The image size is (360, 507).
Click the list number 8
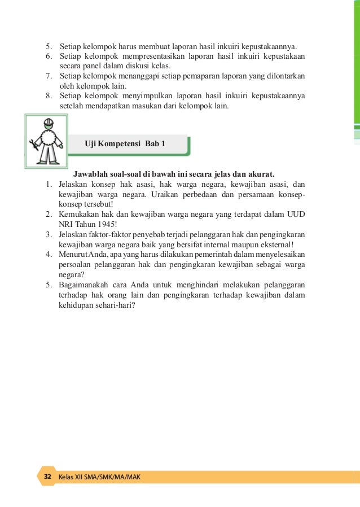click(49, 96)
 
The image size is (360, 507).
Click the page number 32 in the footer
click(47, 477)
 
